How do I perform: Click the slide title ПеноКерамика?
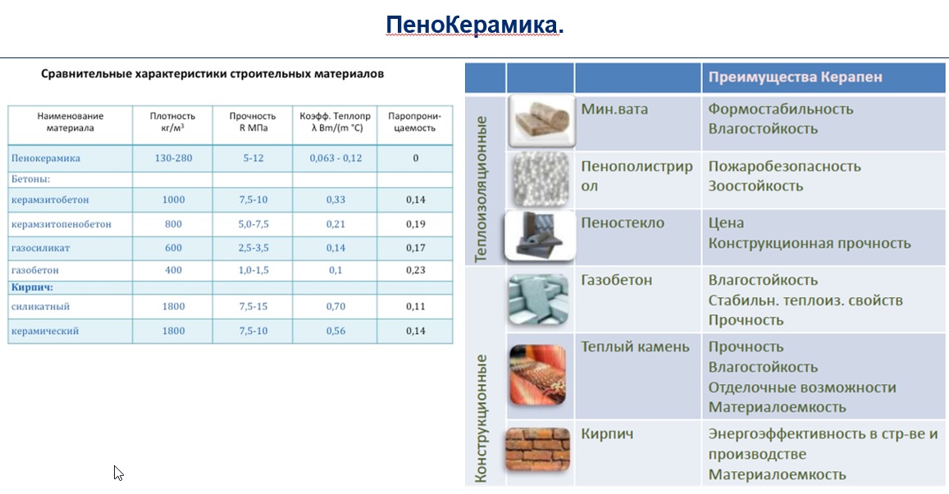pyautogui.click(x=474, y=26)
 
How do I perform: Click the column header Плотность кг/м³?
pyautogui.click(x=173, y=122)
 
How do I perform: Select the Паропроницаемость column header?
pyautogui.click(x=415, y=122)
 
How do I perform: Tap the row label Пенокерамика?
pyautogui.click(x=46, y=158)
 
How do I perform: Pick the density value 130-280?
pyautogui.click(x=173, y=158)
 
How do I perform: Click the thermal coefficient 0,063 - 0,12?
pyautogui.click(x=335, y=158)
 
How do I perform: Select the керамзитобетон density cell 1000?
pyautogui.click(x=173, y=199)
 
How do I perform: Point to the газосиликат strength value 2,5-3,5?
pyautogui.click(x=253, y=247)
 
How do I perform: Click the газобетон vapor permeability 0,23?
pyautogui.click(x=415, y=270)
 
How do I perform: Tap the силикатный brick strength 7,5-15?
pyautogui.click(x=253, y=306)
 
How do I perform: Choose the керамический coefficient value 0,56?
pyautogui.click(x=335, y=331)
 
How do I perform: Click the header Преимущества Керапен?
pyautogui.click(x=795, y=77)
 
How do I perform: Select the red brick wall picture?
pyautogui.click(x=538, y=450)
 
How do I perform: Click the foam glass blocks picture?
pyautogui.click(x=538, y=236)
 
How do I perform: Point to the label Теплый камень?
pyautogui.click(x=635, y=346)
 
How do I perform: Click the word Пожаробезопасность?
pyautogui.click(x=784, y=166)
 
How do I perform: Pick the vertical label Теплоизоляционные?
pyautogui.click(x=481, y=189)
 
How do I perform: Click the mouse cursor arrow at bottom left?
pyautogui.click(x=118, y=472)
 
